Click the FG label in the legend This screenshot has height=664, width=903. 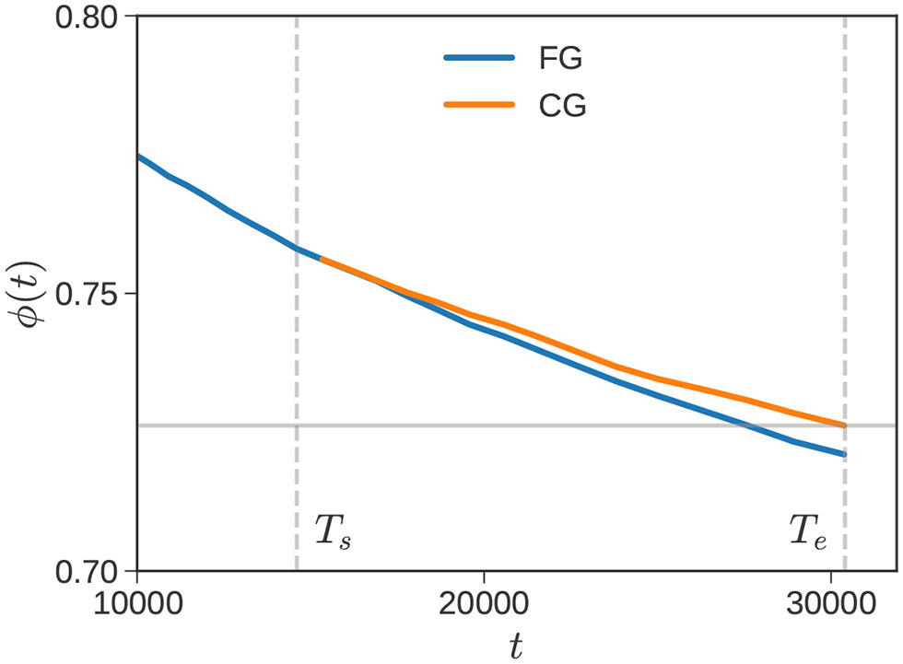tap(562, 59)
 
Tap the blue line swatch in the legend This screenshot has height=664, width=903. tap(478, 58)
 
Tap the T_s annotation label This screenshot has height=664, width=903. tap(333, 531)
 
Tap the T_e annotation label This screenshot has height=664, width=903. tap(808, 531)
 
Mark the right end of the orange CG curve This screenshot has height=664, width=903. tap(843, 425)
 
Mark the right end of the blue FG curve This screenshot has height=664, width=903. tap(843, 454)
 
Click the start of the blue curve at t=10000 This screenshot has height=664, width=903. tap(138, 157)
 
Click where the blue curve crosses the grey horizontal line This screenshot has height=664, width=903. tap(748, 425)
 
